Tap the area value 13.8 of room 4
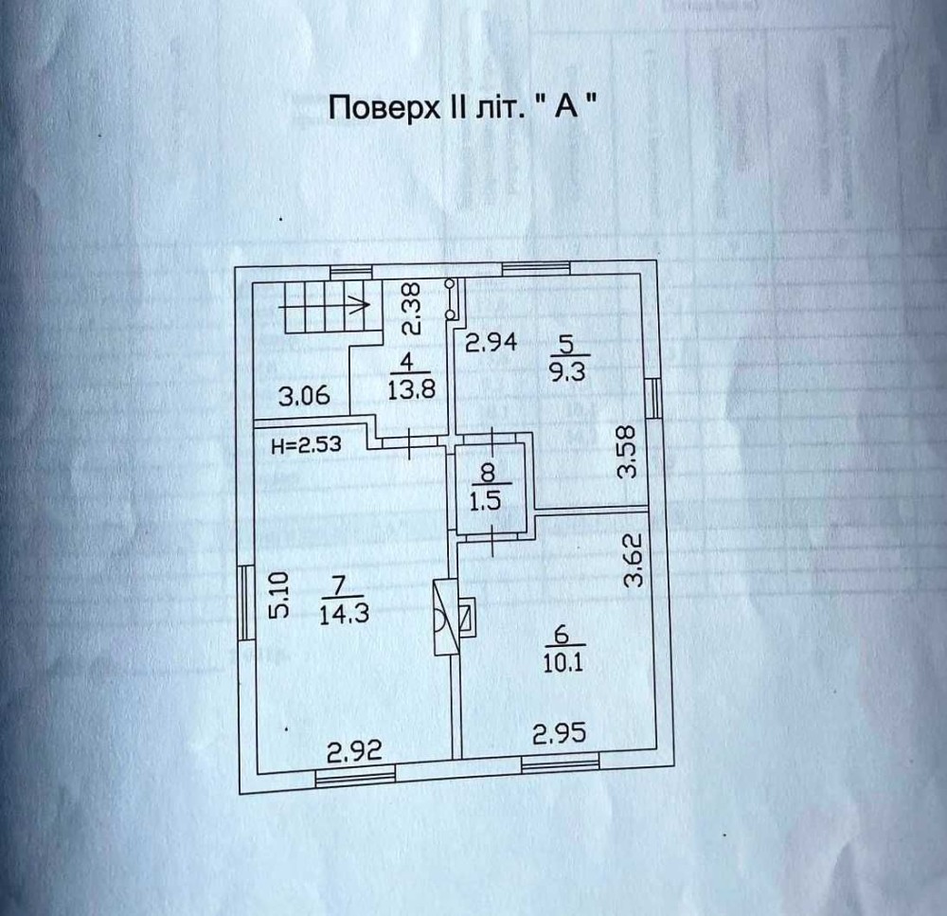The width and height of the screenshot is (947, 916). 411,389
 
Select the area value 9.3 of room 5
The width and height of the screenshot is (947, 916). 567,371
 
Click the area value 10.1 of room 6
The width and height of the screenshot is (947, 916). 563,663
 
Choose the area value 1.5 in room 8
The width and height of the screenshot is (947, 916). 486,501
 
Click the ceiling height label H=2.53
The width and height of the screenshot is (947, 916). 306,445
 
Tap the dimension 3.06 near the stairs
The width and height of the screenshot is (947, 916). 304,396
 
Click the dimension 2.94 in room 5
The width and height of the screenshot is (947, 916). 491,343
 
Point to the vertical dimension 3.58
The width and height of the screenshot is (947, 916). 628,453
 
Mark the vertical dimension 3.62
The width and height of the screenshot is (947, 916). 633,560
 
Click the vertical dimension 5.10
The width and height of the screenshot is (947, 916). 279,596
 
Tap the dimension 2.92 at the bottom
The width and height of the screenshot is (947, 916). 354,752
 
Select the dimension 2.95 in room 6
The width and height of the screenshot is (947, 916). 560,734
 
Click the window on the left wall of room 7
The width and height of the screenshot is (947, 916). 244,602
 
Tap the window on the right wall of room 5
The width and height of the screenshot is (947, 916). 653,398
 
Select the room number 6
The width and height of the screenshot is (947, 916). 561,635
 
